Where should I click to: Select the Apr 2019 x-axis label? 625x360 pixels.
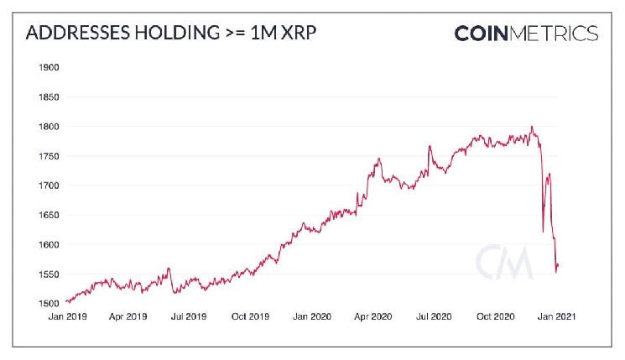click(x=129, y=317)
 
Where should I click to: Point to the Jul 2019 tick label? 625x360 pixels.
click(x=189, y=317)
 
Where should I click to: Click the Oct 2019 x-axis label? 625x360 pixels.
click(x=249, y=317)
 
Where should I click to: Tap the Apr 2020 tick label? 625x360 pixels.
click(x=374, y=317)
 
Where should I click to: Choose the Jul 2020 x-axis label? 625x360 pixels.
click(x=434, y=317)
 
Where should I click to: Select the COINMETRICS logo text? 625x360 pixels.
click(x=526, y=34)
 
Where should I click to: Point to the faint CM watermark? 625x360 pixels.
click(x=504, y=262)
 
